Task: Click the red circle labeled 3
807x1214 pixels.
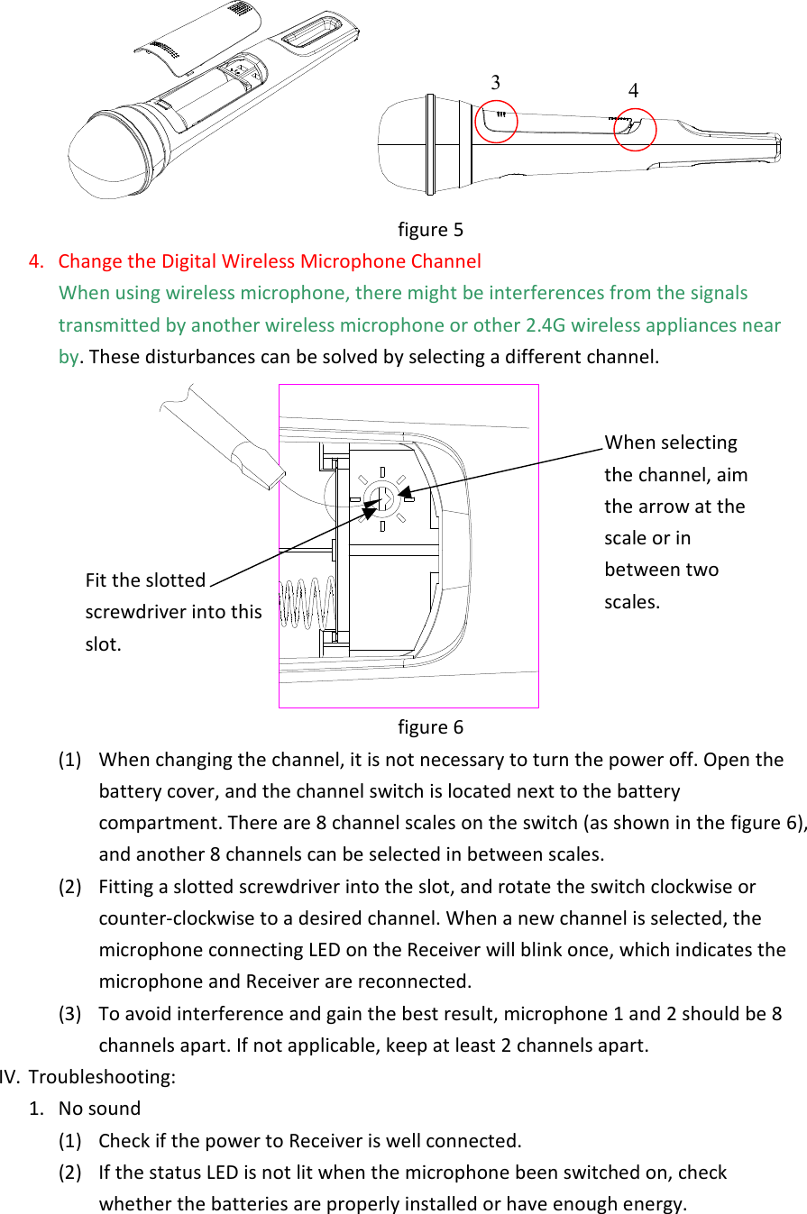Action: pos(495,121)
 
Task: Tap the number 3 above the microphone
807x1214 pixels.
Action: pos(495,82)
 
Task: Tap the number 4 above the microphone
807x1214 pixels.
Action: pos(633,91)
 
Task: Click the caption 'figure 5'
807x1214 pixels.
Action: pos(430,230)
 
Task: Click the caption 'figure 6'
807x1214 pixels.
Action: pos(430,727)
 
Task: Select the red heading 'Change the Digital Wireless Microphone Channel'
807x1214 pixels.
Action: pos(270,262)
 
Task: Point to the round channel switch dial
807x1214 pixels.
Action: pos(382,497)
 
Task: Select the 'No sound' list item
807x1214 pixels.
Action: pos(99,1109)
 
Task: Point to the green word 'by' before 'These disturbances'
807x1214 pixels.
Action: pos(69,357)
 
